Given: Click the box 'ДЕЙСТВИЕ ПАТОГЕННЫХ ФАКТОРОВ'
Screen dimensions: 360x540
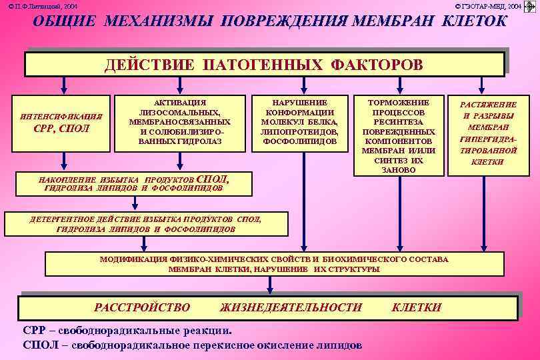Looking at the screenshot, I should [264, 65].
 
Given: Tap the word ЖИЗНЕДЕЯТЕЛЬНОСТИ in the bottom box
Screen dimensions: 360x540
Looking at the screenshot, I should [291, 307].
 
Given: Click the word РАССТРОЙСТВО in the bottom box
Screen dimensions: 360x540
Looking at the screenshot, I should [142, 307].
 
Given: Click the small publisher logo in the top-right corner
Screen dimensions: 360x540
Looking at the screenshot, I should [530, 6].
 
